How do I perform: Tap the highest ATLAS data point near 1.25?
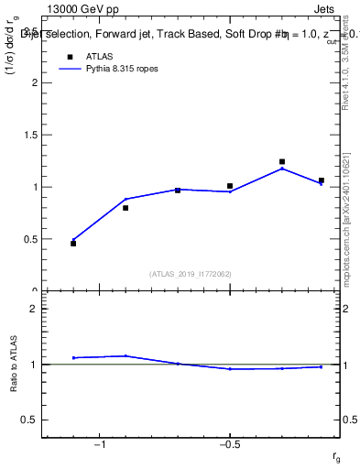(x=282, y=162)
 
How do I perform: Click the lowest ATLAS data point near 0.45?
(x=73, y=244)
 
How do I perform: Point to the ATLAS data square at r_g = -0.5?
(x=230, y=186)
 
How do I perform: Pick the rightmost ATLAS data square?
(x=321, y=180)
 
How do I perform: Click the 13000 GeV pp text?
(x=83, y=9)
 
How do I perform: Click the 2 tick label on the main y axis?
(x=34, y=82)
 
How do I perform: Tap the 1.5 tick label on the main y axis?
(x=30, y=135)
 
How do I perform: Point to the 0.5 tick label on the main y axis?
(x=30, y=239)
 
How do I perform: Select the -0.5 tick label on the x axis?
(x=229, y=444)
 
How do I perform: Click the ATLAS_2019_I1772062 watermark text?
(x=191, y=274)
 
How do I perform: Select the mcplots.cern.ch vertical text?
(x=350, y=238)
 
